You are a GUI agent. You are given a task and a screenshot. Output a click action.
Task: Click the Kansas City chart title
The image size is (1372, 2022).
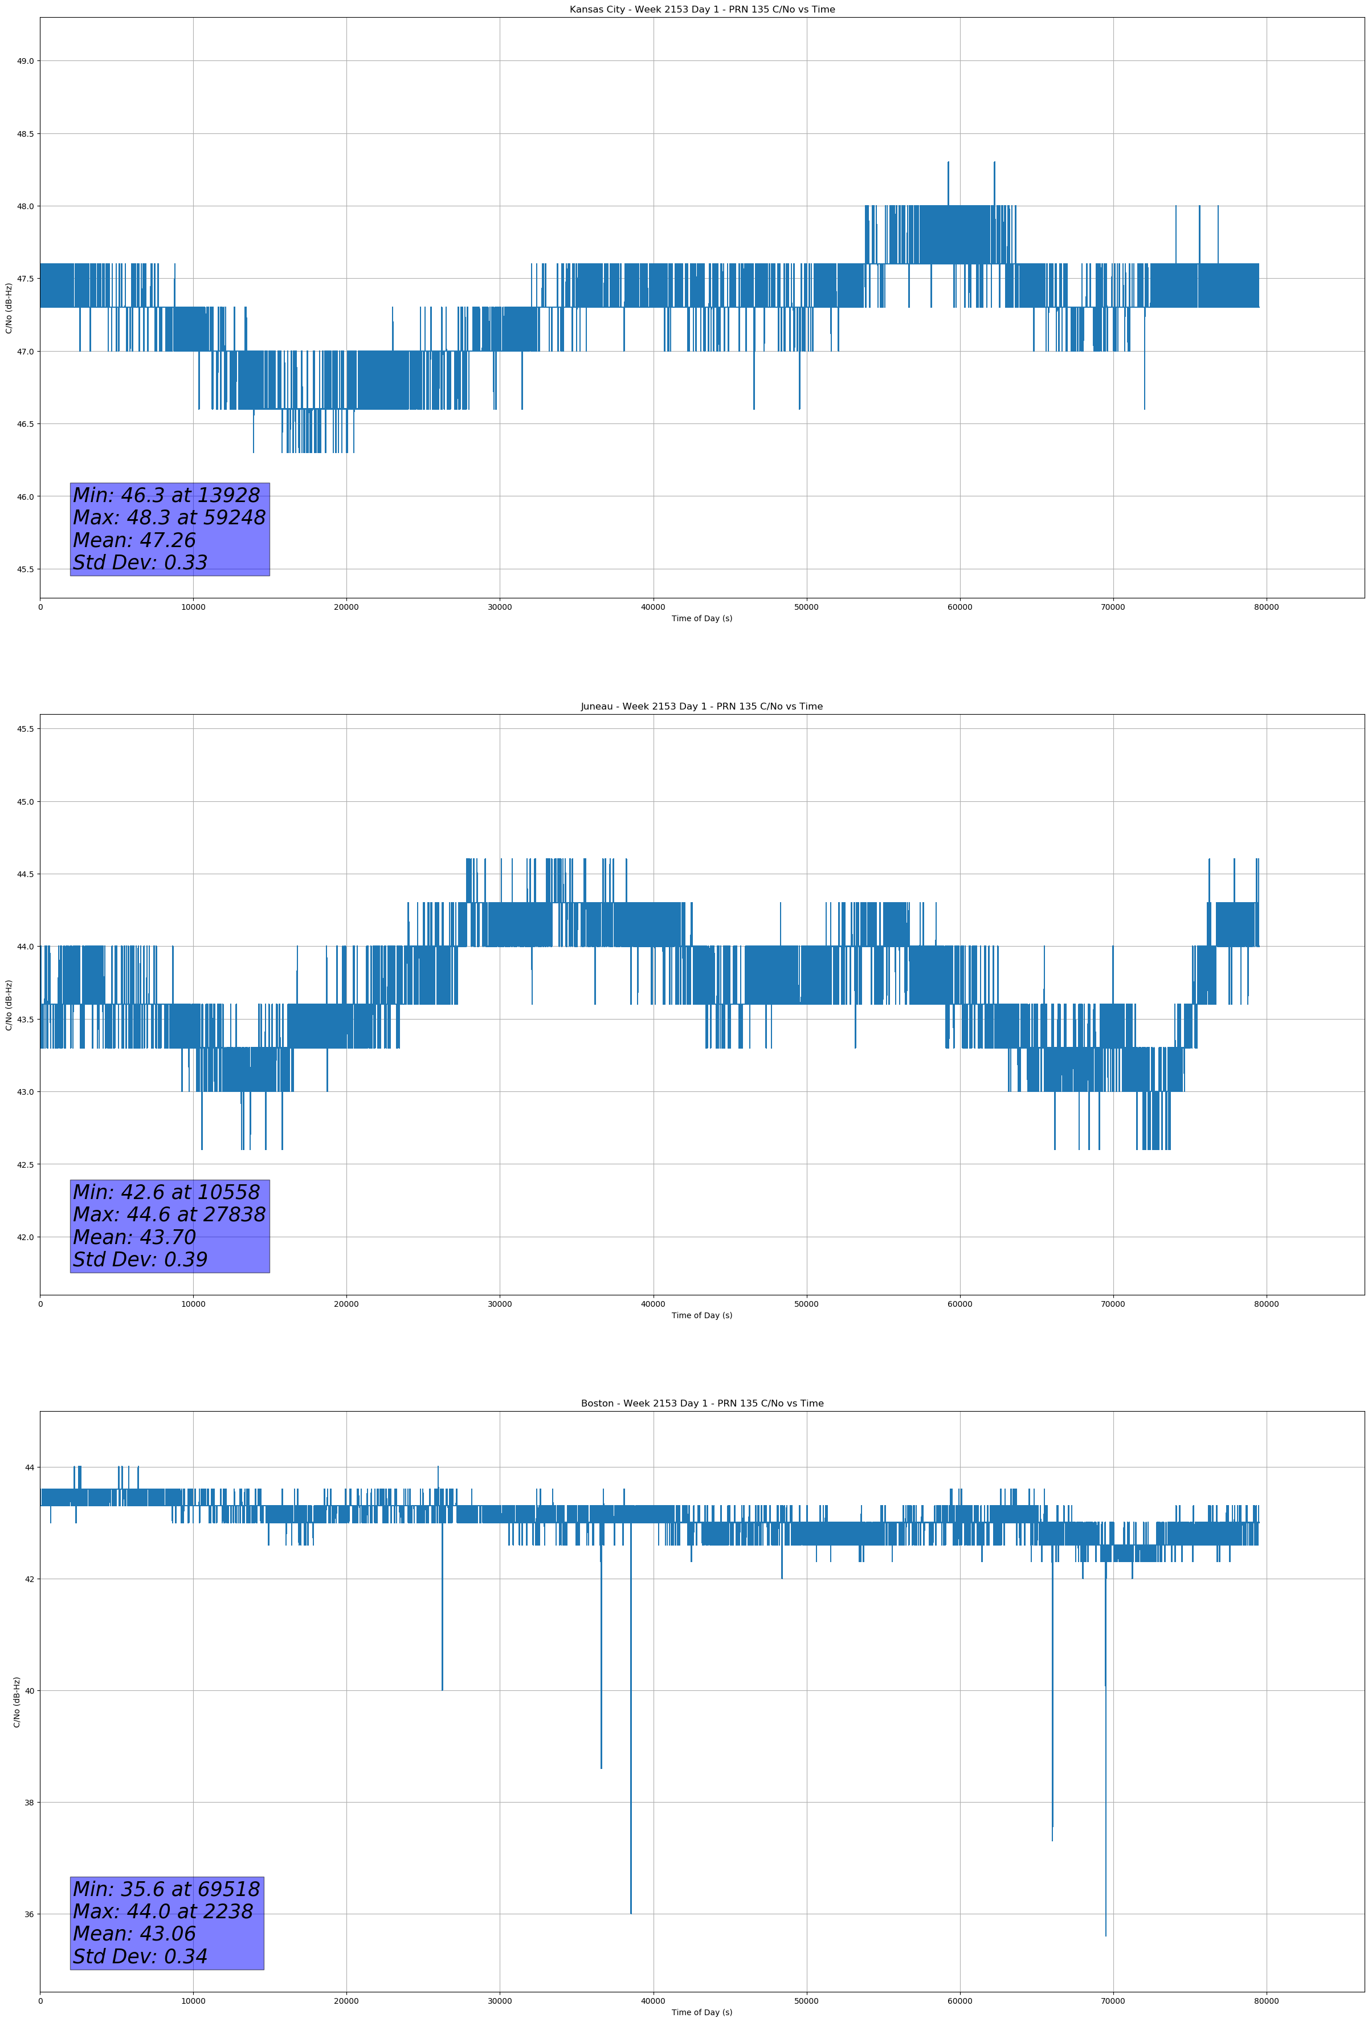pyautogui.click(x=701, y=10)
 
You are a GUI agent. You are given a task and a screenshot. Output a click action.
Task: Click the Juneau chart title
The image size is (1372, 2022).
pyautogui.click(x=701, y=707)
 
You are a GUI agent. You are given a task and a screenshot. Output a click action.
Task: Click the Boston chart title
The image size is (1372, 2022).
pyautogui.click(x=701, y=1404)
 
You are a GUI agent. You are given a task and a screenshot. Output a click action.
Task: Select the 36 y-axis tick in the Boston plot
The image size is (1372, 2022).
pyautogui.click(x=28, y=1914)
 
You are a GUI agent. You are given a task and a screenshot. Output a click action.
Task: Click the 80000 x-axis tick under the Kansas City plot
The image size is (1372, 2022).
pyautogui.click(x=1266, y=608)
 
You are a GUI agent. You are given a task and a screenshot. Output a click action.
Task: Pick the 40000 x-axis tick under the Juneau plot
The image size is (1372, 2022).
pyautogui.click(x=652, y=1304)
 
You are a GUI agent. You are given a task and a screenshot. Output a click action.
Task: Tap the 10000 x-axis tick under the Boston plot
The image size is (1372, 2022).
pyautogui.click(x=193, y=2001)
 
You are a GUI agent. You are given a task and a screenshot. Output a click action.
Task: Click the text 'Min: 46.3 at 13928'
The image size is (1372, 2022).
pyautogui.click(x=166, y=495)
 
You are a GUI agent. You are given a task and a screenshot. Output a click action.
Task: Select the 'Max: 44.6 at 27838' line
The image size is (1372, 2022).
pyautogui.click(x=169, y=1214)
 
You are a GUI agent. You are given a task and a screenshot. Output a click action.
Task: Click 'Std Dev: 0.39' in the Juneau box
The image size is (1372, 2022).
pyautogui.click(x=140, y=1259)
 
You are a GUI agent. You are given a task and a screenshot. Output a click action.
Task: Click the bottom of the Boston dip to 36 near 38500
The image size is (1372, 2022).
pyautogui.click(x=631, y=1913)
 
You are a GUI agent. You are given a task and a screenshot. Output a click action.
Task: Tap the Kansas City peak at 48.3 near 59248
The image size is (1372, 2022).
pyautogui.click(x=948, y=162)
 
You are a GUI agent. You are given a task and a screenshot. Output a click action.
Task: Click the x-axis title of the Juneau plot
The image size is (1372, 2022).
pyautogui.click(x=701, y=1315)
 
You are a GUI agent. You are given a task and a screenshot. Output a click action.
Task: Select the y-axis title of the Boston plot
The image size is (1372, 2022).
pyautogui.click(x=17, y=1702)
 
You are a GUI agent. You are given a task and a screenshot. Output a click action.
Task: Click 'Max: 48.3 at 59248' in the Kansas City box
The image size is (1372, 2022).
pyautogui.click(x=169, y=517)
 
